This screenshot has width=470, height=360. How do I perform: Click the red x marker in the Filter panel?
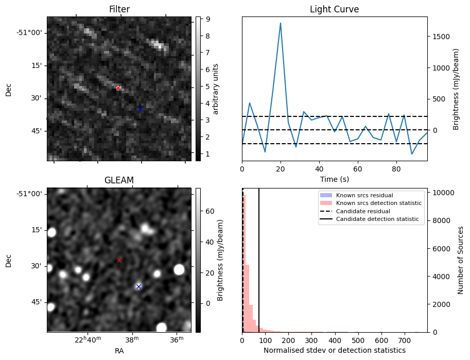118,88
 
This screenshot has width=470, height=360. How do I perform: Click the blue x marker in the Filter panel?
140,109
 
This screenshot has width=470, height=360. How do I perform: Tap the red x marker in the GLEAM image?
119,260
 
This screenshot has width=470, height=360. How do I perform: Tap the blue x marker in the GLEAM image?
138,286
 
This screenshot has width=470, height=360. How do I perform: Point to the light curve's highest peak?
281,23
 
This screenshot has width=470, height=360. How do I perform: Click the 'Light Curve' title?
334,9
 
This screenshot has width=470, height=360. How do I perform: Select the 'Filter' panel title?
119,9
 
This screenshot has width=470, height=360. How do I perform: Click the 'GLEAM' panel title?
119,180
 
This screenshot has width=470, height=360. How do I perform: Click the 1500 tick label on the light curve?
441,37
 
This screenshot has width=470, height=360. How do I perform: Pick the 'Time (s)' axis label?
334,178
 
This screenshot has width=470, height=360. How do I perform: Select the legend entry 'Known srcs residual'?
364,195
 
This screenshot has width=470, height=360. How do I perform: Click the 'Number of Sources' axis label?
461,260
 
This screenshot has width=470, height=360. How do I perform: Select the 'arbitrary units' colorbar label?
216,89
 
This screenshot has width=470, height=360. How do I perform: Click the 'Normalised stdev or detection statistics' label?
334,350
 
